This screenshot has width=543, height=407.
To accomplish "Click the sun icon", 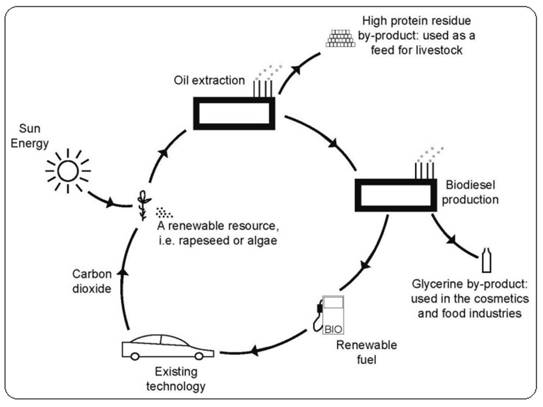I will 68,170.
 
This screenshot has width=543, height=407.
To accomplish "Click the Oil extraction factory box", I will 233,114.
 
